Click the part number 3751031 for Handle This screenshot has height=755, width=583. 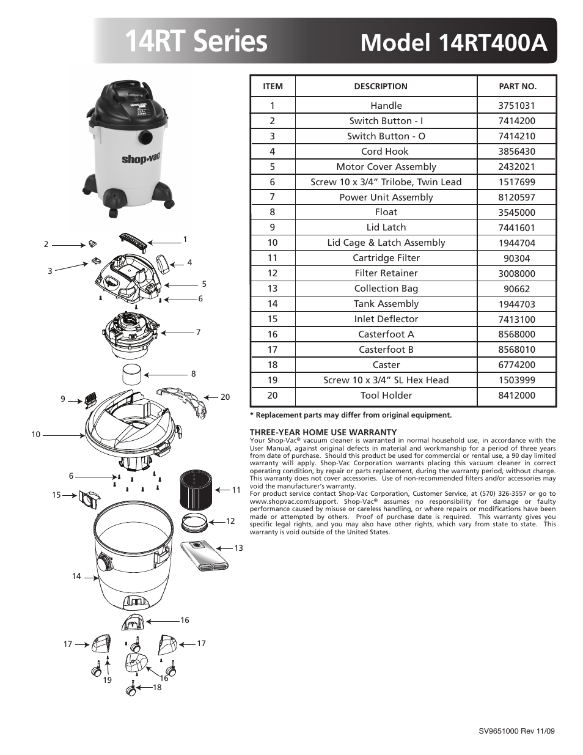click(x=516, y=106)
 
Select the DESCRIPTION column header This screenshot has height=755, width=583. click(x=380, y=87)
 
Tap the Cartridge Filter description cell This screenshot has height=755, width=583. click(x=386, y=258)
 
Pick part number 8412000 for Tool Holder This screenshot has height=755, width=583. click(x=516, y=396)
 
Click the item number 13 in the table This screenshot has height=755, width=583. click(x=273, y=289)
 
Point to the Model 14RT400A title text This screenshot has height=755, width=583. click(x=453, y=42)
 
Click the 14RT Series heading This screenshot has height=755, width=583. click(x=196, y=41)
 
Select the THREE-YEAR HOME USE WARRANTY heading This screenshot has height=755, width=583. click(x=323, y=432)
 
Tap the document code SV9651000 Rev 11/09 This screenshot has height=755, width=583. click(x=516, y=731)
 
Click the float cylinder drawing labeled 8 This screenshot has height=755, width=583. click(x=131, y=374)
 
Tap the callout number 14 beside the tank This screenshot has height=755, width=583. click(x=76, y=576)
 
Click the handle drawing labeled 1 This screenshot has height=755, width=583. click(x=133, y=241)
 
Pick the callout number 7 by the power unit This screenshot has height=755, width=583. click(x=198, y=333)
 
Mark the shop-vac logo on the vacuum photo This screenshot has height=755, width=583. click(x=141, y=159)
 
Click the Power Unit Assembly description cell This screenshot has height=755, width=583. click(x=386, y=197)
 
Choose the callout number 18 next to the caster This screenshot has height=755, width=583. click(x=157, y=688)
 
